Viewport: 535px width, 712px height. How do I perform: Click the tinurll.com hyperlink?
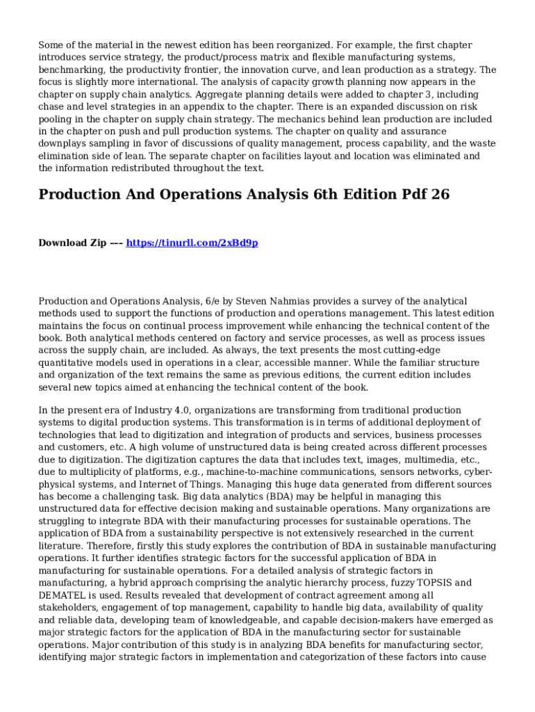click(x=192, y=243)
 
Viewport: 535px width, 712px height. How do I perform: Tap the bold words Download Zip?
click(x=72, y=243)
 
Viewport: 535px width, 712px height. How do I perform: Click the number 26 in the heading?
click(x=441, y=195)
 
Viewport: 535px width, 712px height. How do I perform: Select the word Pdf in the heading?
click(x=409, y=195)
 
